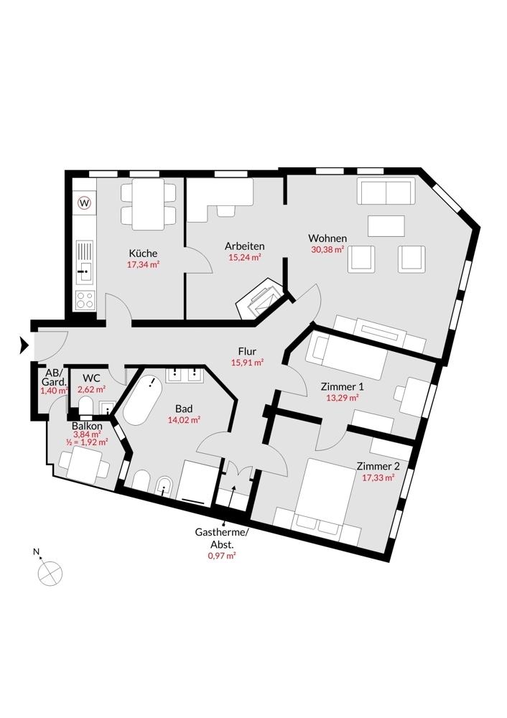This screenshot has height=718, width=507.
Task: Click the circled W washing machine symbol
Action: pyautogui.click(x=84, y=202)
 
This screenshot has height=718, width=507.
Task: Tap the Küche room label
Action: pyautogui.click(x=143, y=253)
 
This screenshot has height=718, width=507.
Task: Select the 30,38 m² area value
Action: pyautogui.click(x=327, y=250)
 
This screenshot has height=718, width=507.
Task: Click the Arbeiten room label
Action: pyautogui.click(x=245, y=246)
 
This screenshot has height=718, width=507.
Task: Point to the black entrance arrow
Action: pyautogui.click(x=24, y=345)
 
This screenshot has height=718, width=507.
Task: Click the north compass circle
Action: pyautogui.click(x=50, y=573)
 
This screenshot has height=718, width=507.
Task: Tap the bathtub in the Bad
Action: pyautogui.click(x=142, y=398)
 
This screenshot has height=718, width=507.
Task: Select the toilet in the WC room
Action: pyautogui.click(x=85, y=406)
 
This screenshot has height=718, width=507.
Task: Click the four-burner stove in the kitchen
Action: pyautogui.click(x=85, y=300)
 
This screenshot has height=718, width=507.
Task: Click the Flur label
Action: pyautogui.click(x=247, y=351)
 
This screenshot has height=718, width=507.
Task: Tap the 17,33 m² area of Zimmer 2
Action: pyautogui.click(x=378, y=477)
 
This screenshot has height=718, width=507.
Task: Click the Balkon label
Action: pyautogui.click(x=87, y=426)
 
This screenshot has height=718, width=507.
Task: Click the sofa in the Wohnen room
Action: pyautogui.click(x=386, y=191)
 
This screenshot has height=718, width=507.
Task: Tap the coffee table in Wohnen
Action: pyautogui.click(x=386, y=225)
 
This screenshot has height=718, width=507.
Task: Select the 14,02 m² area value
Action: pyautogui.click(x=184, y=419)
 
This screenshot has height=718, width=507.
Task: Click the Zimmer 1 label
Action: pyautogui.click(x=342, y=387)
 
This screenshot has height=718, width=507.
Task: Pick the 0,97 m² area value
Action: pyautogui.click(x=222, y=556)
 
